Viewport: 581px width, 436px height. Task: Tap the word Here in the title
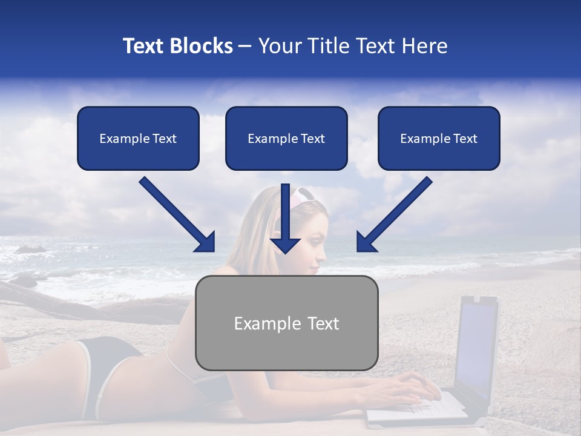[x=424, y=46]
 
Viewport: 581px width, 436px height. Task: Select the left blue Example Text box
[x=138, y=139]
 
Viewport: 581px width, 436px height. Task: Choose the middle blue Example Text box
[x=286, y=139]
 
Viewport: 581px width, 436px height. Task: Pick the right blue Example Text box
[x=439, y=139]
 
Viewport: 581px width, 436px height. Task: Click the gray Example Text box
[x=287, y=323]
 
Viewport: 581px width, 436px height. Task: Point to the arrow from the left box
[x=176, y=213]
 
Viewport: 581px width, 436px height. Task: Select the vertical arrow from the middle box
[x=285, y=218]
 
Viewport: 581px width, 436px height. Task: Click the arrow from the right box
[x=395, y=213]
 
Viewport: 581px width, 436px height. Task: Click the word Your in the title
[x=278, y=46]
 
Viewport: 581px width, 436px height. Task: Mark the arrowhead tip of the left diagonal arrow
[x=214, y=250]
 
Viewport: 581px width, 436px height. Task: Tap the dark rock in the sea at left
[x=30, y=249]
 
